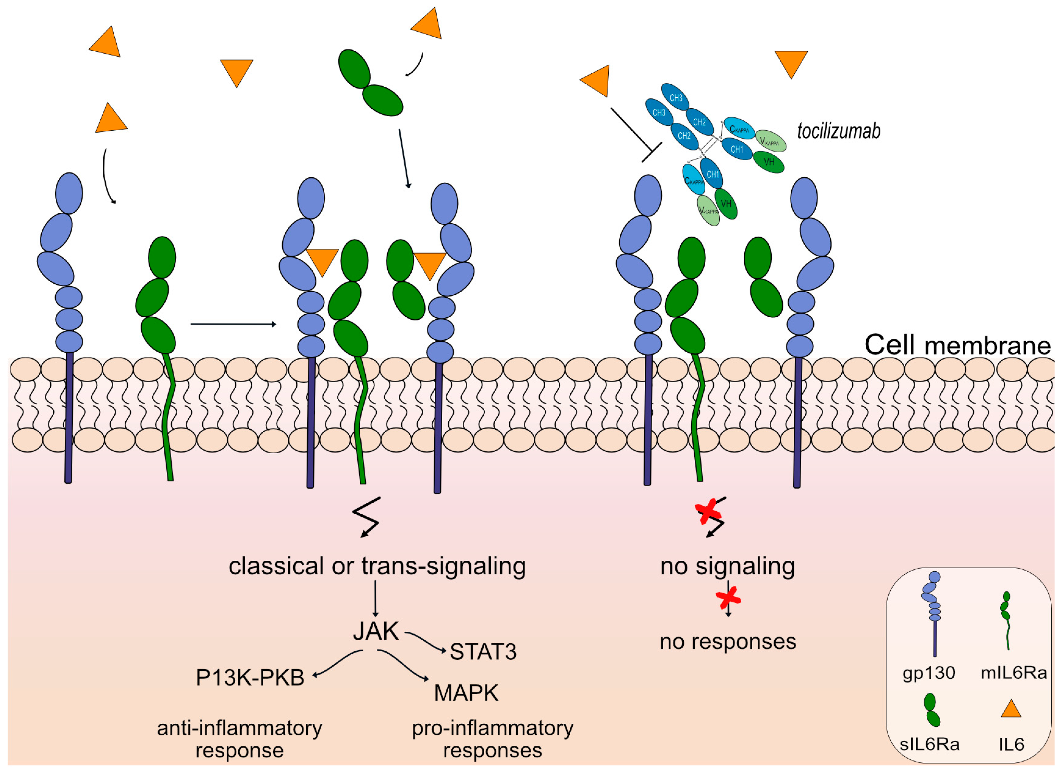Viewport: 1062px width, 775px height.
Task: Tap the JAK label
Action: pos(376,631)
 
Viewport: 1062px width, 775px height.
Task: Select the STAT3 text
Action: pos(483,652)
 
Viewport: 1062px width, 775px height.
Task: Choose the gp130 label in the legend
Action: pos(928,673)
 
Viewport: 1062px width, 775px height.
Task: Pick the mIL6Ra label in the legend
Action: pos(1013,673)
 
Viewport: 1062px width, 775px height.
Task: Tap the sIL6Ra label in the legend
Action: pos(929,745)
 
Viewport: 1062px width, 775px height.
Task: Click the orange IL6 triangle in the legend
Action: pos(1010,709)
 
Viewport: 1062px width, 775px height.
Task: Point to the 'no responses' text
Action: pos(728,642)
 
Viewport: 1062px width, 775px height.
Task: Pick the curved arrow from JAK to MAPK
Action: pos(403,664)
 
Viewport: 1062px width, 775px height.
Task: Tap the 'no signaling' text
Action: pos(727,566)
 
